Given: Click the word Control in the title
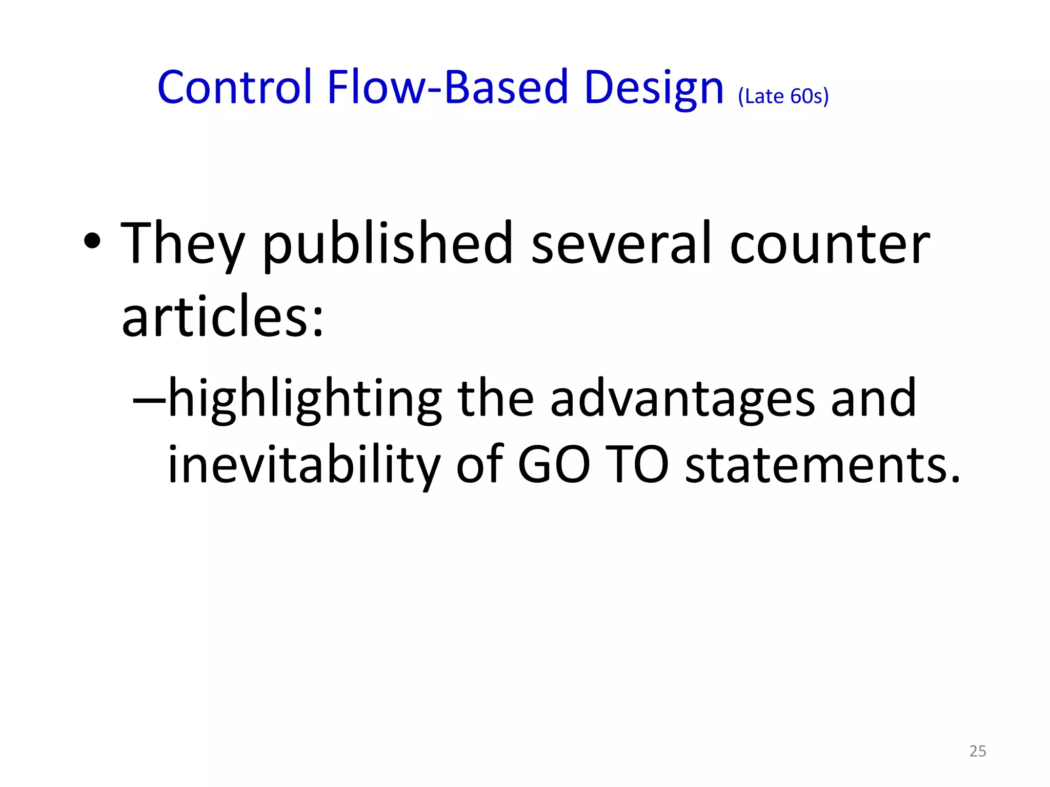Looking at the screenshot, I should (x=234, y=87).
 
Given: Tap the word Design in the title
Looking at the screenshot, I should (x=653, y=88).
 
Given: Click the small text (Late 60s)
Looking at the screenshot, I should (x=783, y=96).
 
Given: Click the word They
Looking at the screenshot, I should (x=183, y=243).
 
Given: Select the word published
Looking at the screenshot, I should (x=388, y=243).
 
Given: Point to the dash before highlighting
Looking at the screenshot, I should (x=149, y=400).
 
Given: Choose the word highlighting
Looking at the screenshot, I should (x=305, y=400).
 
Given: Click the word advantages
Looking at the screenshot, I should (x=682, y=400).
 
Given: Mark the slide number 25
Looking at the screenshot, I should (x=978, y=751).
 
